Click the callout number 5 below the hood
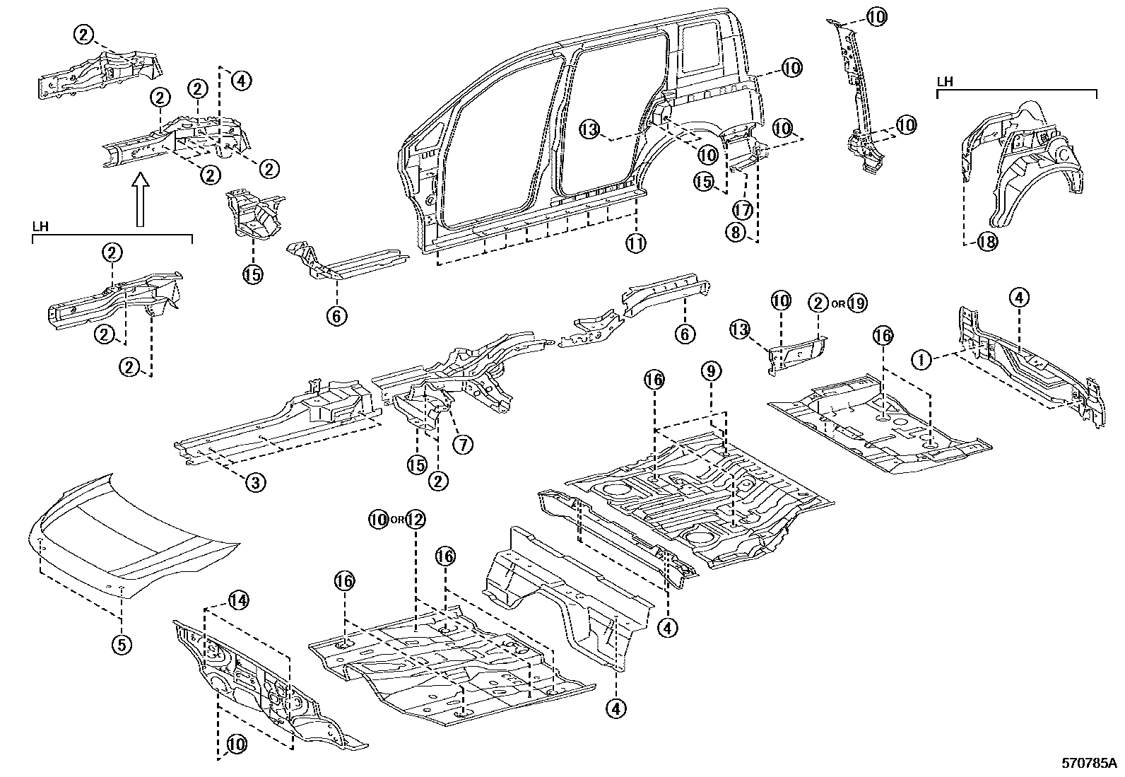pos(122,644)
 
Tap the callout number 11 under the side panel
pos(635,243)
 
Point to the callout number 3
pos(255,483)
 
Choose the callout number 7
pos(463,444)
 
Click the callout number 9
pos(711,370)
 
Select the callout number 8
pos(736,232)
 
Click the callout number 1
pos(921,361)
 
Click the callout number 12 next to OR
pos(415,520)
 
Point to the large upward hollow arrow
pos(140,201)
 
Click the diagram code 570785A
pos(1089,764)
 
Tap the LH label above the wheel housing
pos(945,82)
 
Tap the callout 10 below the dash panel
pos(237,744)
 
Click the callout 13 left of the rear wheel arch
pos(590,129)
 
